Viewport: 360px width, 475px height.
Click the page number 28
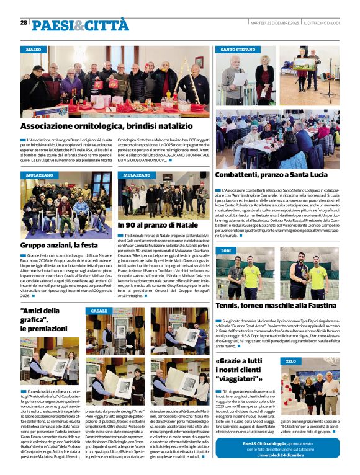[24, 22]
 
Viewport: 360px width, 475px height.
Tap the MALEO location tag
[34, 49]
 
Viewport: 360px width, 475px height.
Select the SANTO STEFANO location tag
[238, 49]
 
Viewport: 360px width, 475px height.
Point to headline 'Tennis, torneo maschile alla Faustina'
[276, 305]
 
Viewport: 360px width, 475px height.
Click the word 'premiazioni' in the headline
[43, 328]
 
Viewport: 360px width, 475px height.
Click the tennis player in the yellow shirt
[251, 276]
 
